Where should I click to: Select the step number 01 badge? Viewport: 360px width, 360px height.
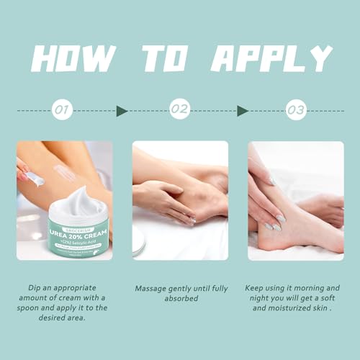pos(63,111)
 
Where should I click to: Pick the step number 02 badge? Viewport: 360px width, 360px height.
pos(179,111)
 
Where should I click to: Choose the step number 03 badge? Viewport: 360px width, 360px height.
pos(295,111)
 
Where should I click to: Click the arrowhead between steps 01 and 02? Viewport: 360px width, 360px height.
pos(122,111)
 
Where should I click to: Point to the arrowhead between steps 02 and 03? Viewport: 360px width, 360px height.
pos(243,111)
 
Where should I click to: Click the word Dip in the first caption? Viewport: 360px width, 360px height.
pos(36,288)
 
